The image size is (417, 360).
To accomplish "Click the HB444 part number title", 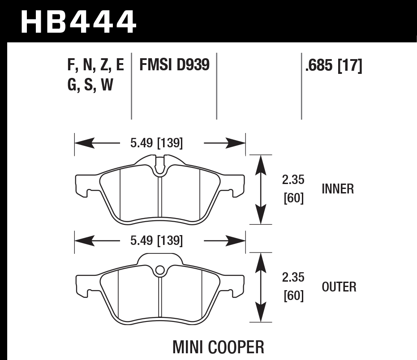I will (78, 21).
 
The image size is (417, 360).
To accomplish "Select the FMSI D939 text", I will (174, 65).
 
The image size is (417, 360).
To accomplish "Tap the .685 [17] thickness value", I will (333, 66).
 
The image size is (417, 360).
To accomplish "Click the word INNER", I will (338, 189).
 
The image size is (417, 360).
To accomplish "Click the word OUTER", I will (339, 287).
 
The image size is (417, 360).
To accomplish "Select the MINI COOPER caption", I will (218, 347).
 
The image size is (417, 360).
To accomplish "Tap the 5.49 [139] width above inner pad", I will (156, 143).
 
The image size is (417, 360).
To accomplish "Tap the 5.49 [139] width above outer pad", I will (156, 241).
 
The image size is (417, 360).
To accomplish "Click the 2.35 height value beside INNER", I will (293, 180).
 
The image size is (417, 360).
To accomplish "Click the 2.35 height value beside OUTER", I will (293, 278).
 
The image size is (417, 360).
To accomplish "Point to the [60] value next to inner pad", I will (294, 198).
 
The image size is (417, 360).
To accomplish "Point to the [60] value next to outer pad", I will (294, 296).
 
